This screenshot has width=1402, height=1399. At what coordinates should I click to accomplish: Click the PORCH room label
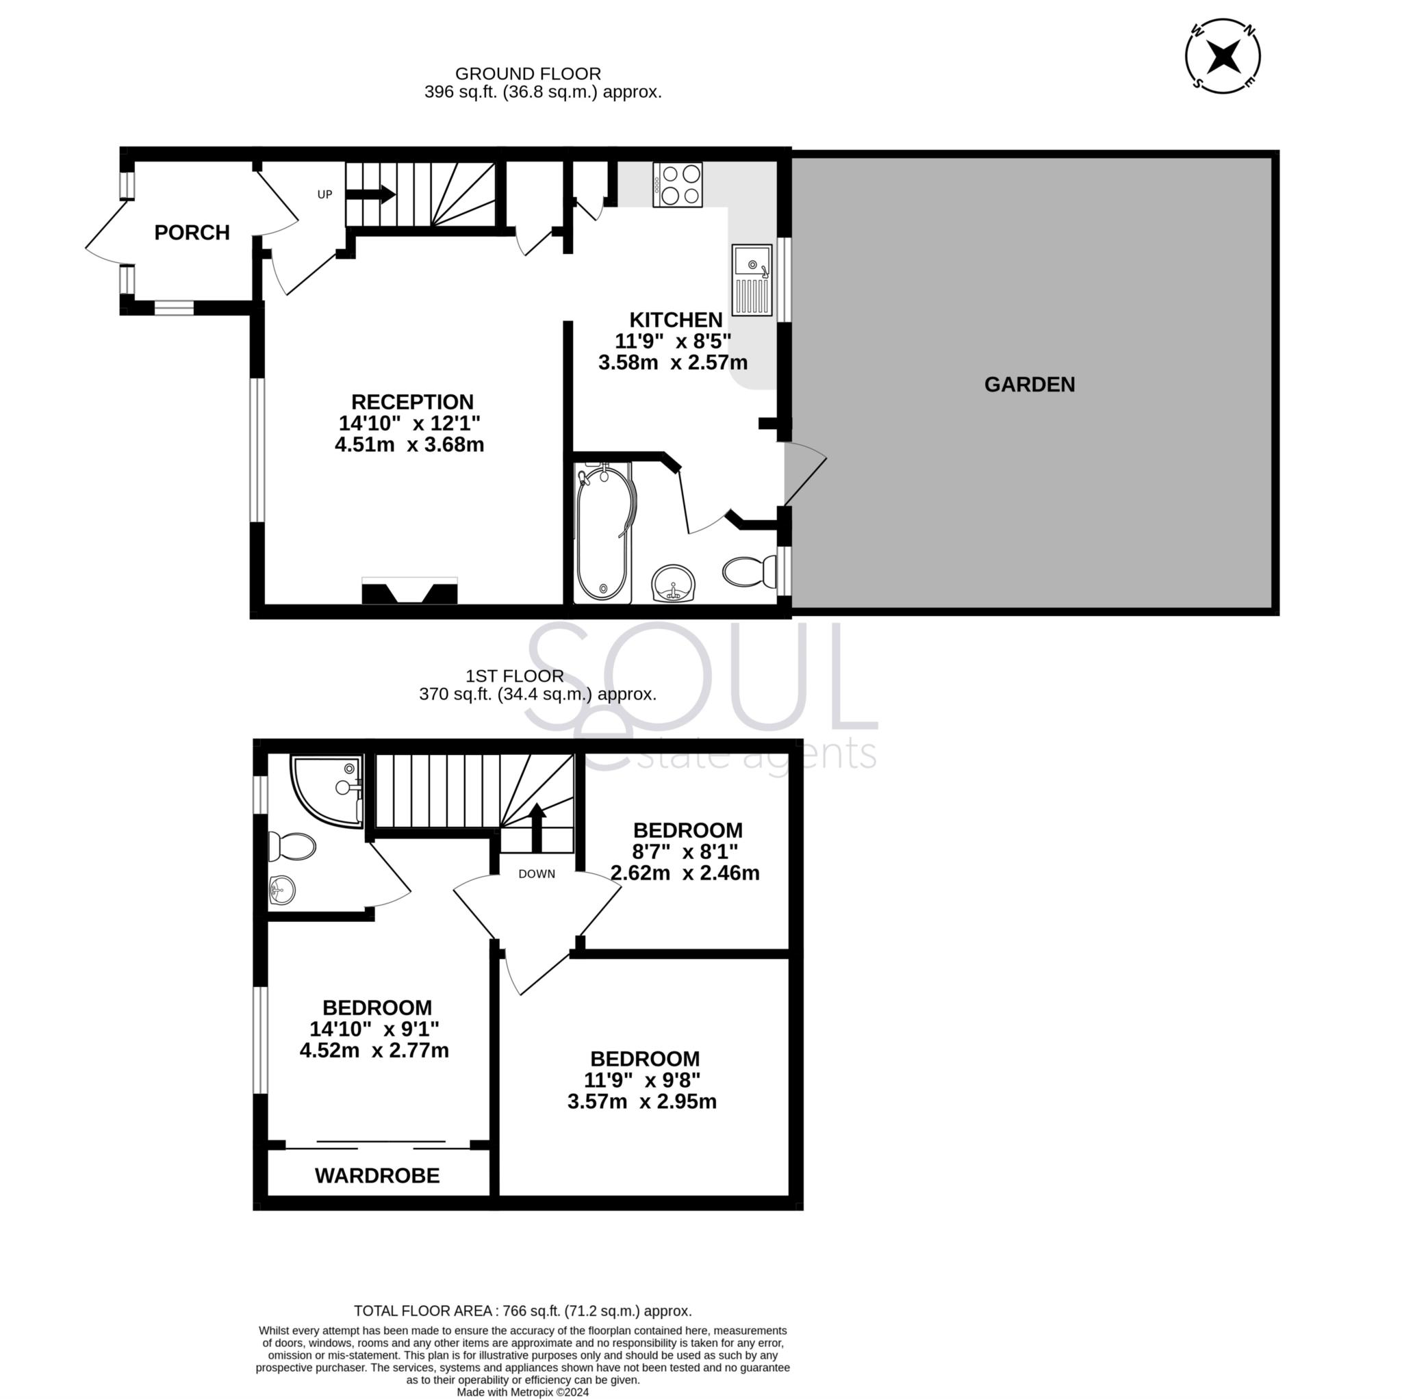click(192, 232)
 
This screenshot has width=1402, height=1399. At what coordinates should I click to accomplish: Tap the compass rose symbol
click(1223, 55)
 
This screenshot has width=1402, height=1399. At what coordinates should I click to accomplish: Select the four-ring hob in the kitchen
click(677, 184)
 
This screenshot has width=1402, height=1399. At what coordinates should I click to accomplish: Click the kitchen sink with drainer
click(752, 279)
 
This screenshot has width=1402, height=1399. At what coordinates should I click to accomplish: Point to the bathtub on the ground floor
click(604, 532)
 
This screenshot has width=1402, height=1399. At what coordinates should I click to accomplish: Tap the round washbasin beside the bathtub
click(674, 584)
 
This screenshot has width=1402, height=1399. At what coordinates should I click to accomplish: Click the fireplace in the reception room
click(409, 591)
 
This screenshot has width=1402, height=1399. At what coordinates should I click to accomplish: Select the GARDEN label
click(1029, 385)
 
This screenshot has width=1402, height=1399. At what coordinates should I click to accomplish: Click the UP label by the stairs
click(324, 194)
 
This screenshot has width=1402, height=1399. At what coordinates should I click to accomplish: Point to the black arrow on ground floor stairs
click(370, 194)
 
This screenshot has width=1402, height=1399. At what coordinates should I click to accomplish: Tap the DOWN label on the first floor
click(536, 875)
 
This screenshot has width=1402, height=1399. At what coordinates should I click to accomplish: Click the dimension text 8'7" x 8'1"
click(685, 851)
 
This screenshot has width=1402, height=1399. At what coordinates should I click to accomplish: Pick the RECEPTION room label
click(412, 402)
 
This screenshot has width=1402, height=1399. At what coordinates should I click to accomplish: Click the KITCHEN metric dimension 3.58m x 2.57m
click(673, 362)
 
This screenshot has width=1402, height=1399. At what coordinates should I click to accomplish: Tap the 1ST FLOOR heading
click(515, 676)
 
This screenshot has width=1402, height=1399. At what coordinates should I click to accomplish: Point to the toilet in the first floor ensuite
click(292, 847)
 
